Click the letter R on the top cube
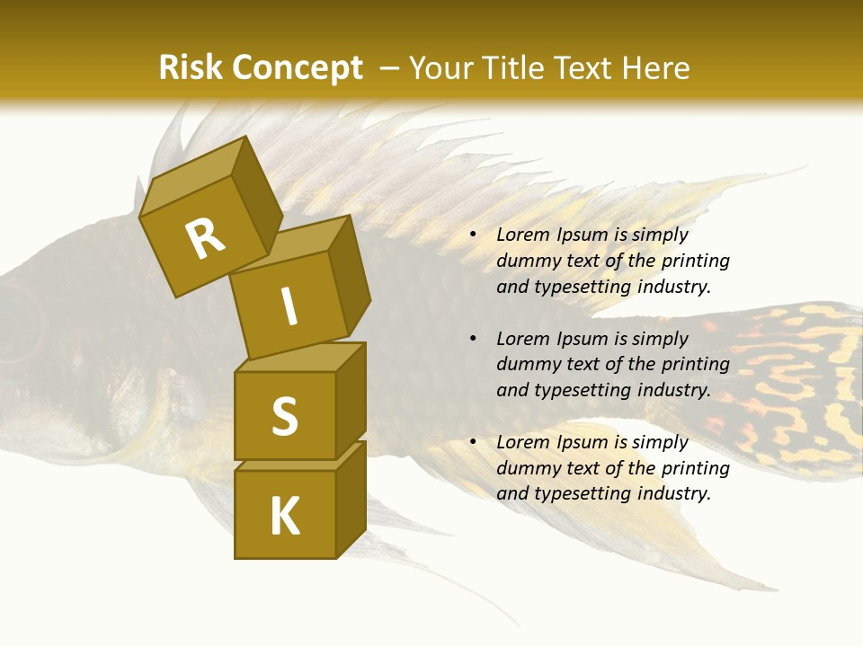point(205,239)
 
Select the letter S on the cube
point(284,415)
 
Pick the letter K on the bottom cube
point(285,516)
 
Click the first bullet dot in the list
point(473,235)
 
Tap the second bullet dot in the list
point(473,339)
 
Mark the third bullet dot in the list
point(473,442)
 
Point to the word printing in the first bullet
point(695,261)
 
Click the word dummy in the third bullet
point(527,468)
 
